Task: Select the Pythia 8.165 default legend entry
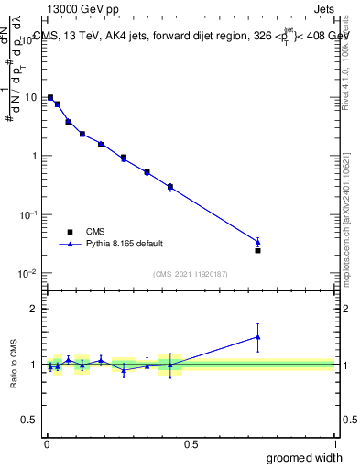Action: [113, 244]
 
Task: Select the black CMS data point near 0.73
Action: [257, 250]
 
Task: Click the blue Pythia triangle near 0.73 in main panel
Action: [257, 242]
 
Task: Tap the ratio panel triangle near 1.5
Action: [257, 336]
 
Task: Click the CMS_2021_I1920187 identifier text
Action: [190, 274]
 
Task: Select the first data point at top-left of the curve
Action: [50, 97]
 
